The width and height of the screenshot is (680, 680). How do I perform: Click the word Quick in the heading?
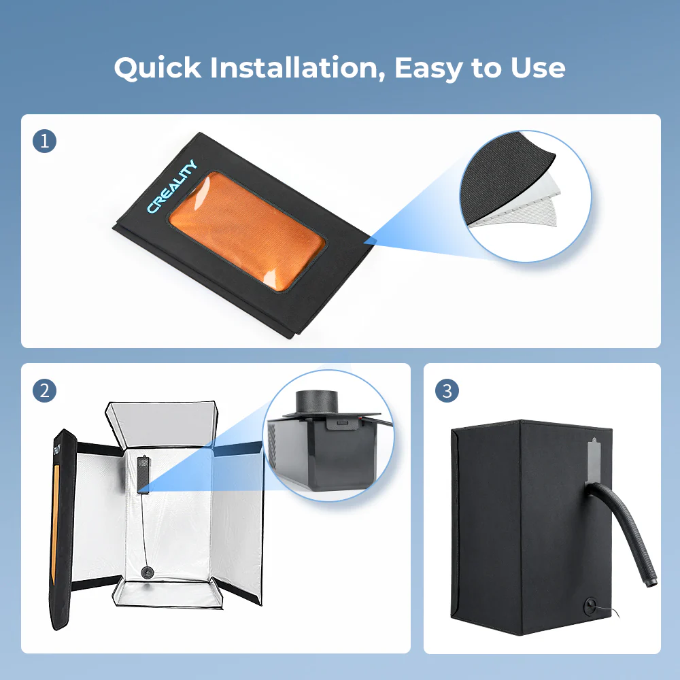pyautogui.click(x=158, y=68)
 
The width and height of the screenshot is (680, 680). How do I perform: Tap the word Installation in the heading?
pyautogui.click(x=298, y=68)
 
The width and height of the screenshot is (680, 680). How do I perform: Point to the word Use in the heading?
pyautogui.click(x=538, y=68)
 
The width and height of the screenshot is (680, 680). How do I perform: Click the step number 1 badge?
pyautogui.click(x=44, y=141)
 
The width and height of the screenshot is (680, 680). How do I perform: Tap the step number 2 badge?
pyautogui.click(x=44, y=391)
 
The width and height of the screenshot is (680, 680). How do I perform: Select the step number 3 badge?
pyautogui.click(x=447, y=391)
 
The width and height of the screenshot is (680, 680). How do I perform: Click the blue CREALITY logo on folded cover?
pyautogui.click(x=172, y=186)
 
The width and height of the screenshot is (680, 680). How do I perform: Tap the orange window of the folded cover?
pyautogui.click(x=247, y=231)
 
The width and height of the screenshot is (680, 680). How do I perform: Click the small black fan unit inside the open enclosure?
pyautogui.click(x=143, y=474)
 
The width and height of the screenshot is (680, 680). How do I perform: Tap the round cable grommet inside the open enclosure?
pyautogui.click(x=148, y=573)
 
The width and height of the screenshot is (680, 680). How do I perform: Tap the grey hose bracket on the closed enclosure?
pyautogui.click(x=593, y=462)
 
